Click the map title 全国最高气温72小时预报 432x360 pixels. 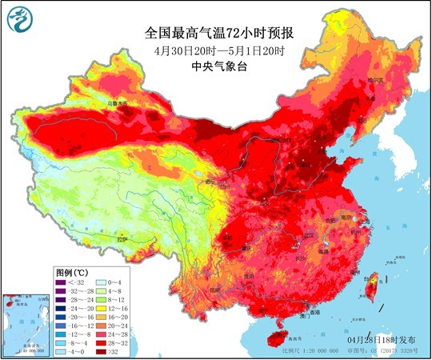[x=215, y=34]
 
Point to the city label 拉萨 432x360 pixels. [x=122, y=239]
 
